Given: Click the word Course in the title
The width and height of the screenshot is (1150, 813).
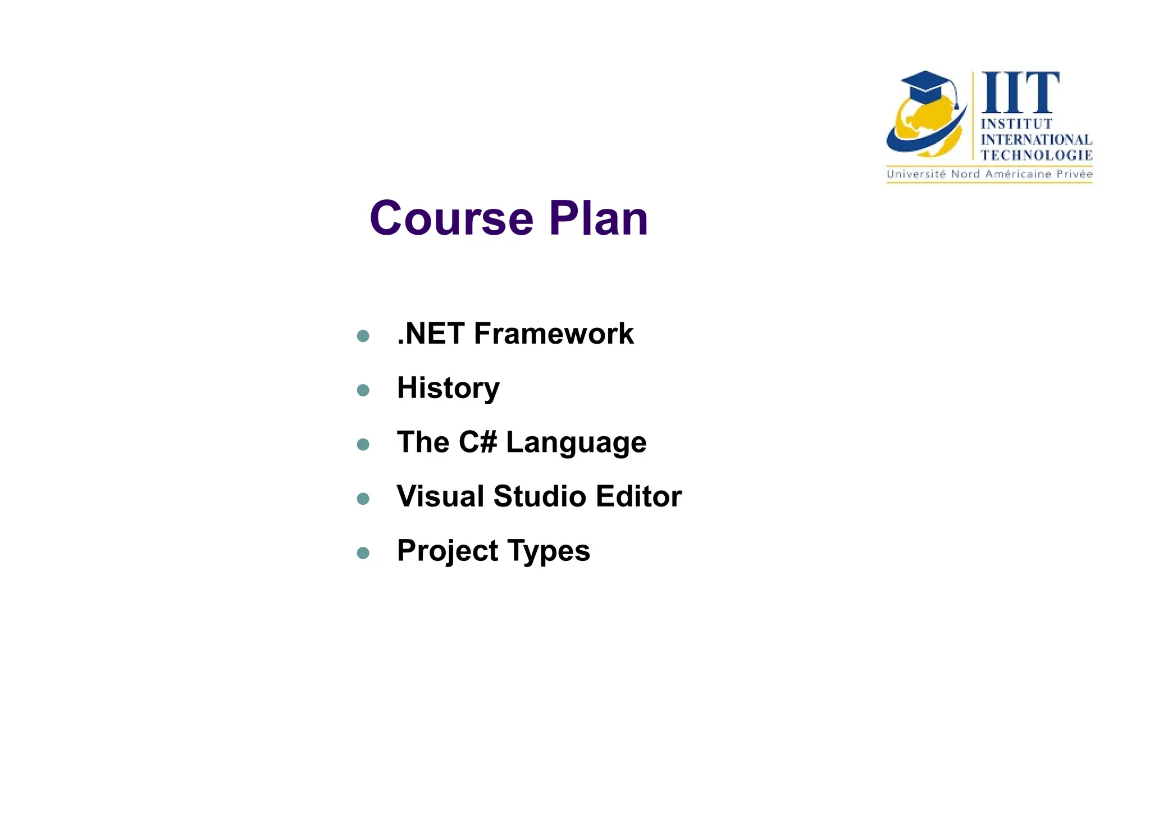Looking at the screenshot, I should click(x=451, y=218).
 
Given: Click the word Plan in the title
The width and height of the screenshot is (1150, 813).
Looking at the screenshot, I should click(x=599, y=218).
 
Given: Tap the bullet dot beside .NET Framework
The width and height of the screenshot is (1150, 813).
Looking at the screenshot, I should click(x=363, y=336).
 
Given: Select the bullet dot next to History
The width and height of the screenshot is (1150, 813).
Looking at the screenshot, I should click(x=363, y=390).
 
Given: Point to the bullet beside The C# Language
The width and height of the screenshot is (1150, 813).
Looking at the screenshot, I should click(x=363, y=444).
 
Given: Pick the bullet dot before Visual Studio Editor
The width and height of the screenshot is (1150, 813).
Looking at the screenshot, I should click(x=363, y=499).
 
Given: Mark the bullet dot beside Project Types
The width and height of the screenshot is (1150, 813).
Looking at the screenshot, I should click(x=363, y=553).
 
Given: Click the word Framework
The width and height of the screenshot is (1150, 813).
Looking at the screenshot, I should click(x=554, y=334).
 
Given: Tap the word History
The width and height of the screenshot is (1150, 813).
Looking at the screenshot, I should click(x=448, y=388).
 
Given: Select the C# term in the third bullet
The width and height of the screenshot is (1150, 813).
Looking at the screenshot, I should click(x=478, y=442).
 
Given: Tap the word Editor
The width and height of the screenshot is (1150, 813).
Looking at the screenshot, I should click(x=639, y=496).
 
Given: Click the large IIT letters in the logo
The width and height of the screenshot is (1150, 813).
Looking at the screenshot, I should click(x=1020, y=93).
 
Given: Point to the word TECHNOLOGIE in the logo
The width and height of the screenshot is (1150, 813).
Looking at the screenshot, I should click(x=1036, y=155).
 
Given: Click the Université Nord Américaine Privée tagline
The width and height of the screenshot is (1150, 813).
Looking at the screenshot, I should click(x=989, y=174).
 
